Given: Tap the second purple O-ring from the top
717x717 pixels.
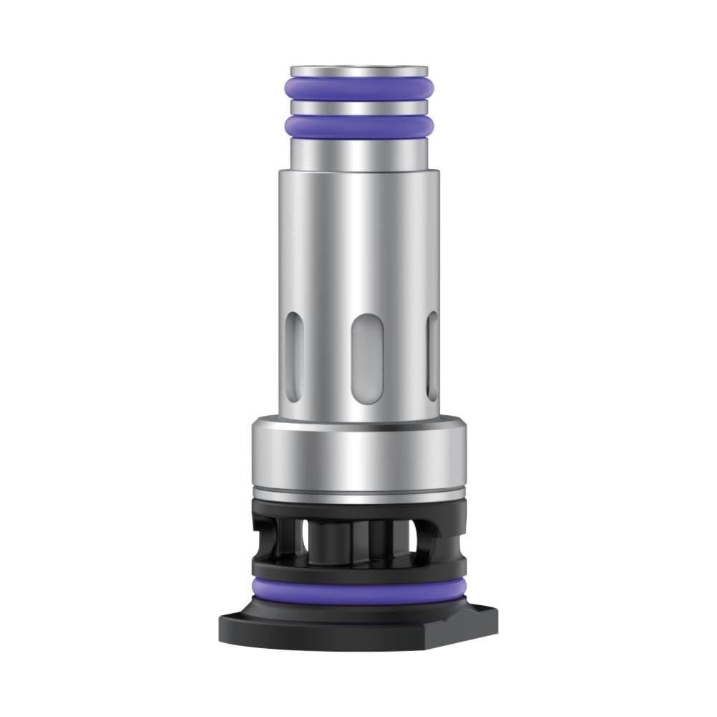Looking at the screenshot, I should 358,126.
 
